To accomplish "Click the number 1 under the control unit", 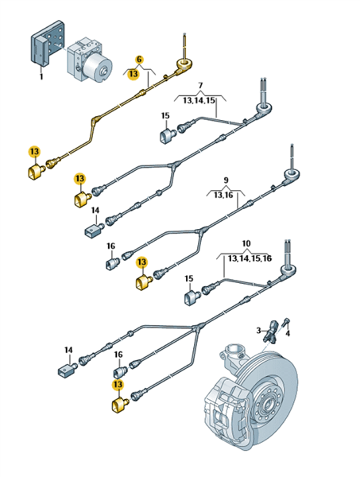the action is (x=41, y=76).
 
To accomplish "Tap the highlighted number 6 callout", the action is (x=139, y=60).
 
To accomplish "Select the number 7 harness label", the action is (x=200, y=86).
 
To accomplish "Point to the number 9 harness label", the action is (x=226, y=180).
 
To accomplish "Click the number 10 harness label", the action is (x=246, y=243).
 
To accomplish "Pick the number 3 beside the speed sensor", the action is (x=258, y=330).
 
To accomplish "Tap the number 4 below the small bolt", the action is (x=288, y=334).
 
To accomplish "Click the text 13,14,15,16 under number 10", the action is (x=250, y=258).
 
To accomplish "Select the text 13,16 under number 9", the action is (x=223, y=195).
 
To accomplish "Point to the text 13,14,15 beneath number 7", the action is (x=199, y=100).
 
